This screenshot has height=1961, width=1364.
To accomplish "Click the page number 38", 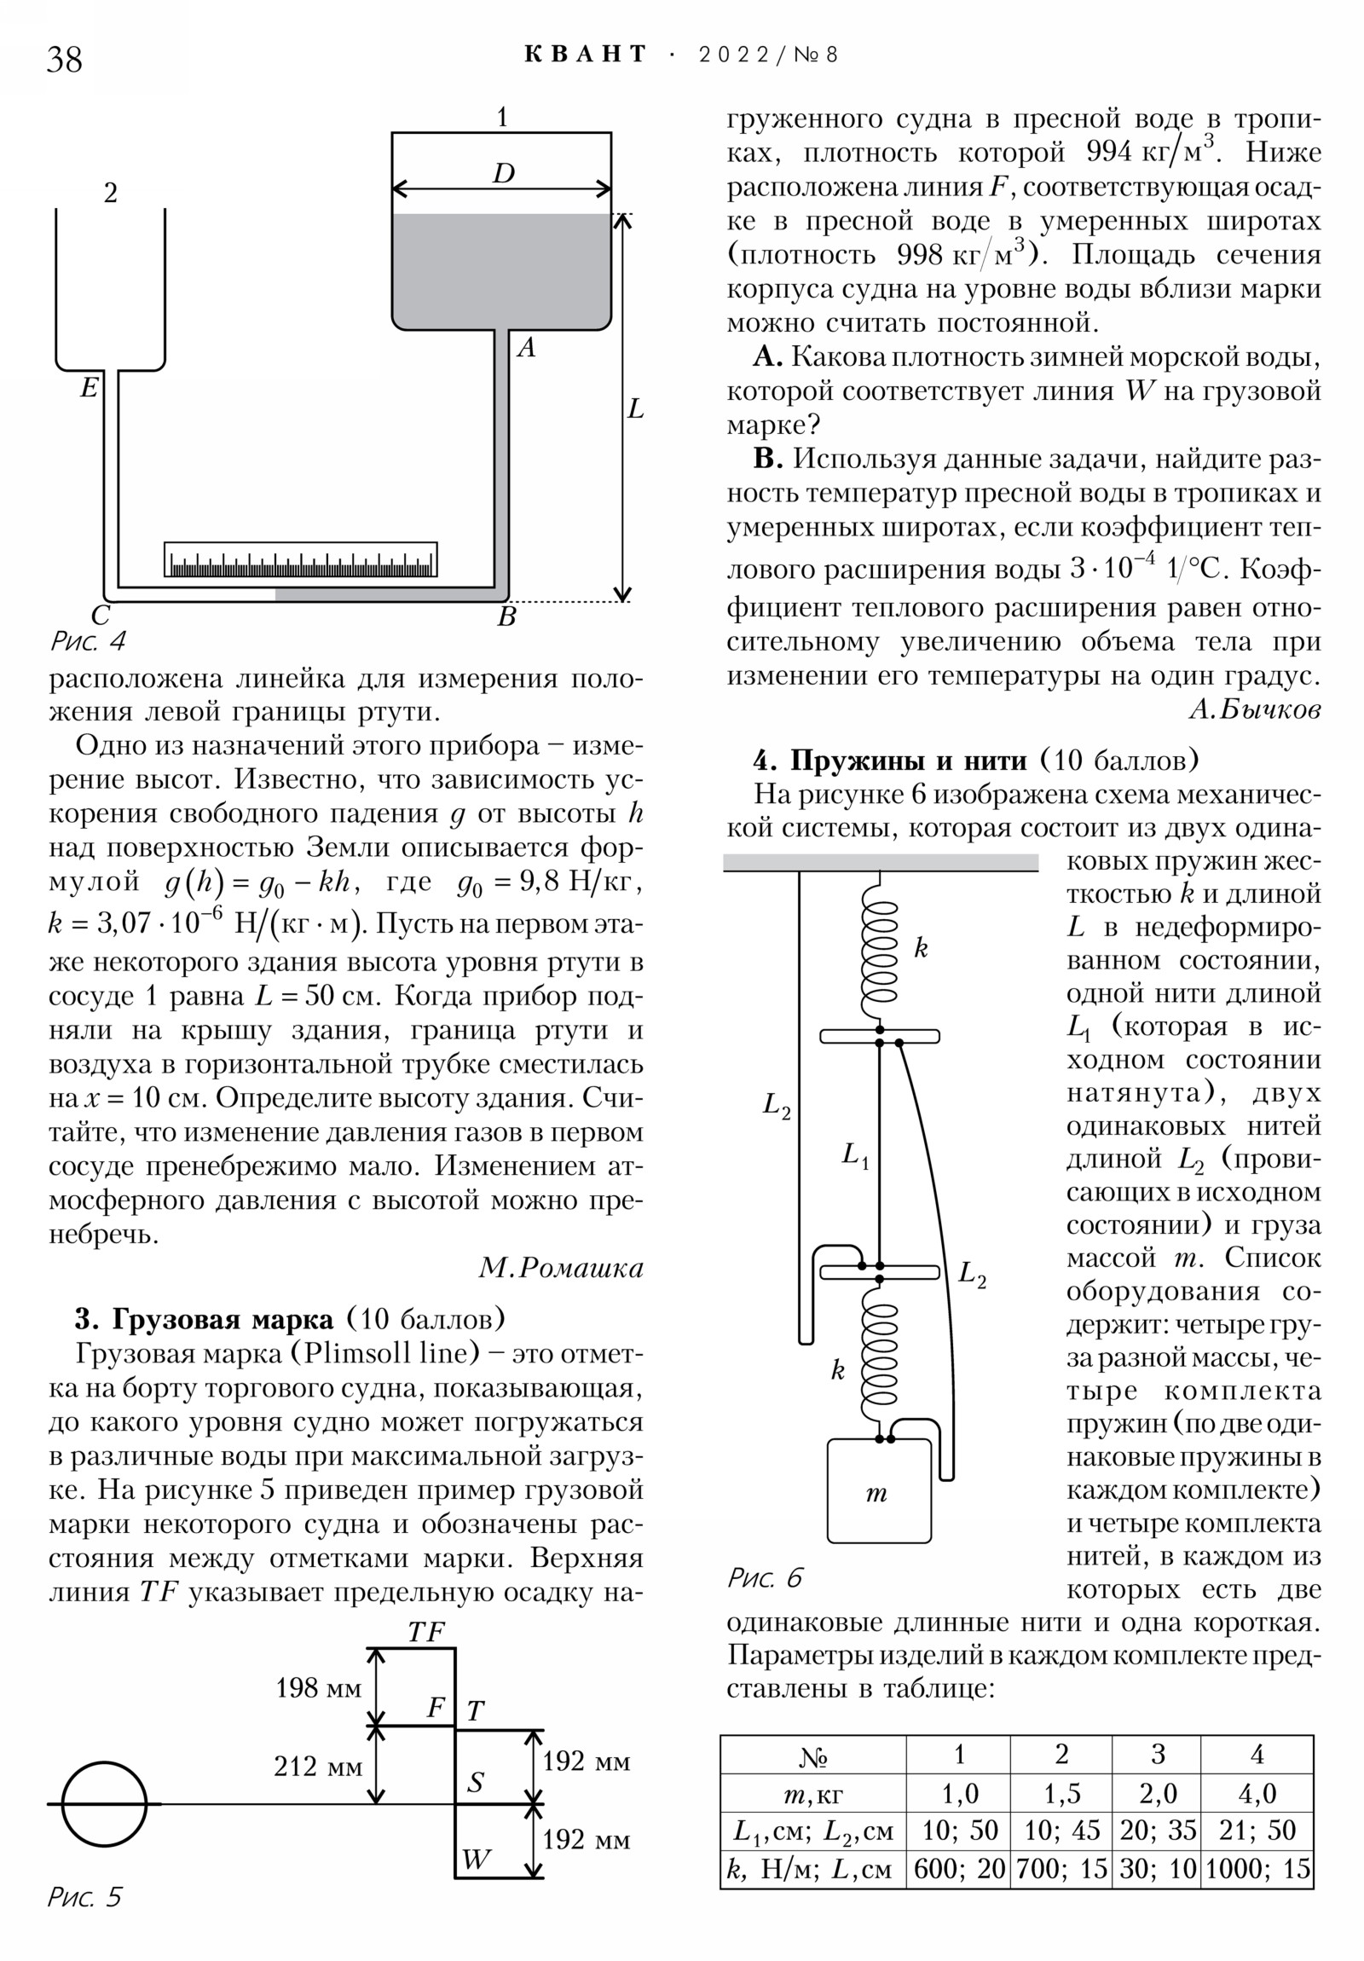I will coord(64,60).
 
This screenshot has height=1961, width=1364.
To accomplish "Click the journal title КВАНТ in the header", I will coord(586,55).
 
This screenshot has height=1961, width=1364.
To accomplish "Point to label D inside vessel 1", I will coord(504,173).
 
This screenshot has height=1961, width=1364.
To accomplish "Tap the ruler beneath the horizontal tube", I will coord(301,559).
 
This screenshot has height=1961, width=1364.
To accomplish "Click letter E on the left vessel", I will coord(89,389).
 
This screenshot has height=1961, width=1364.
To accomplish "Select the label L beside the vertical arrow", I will coord(635,409).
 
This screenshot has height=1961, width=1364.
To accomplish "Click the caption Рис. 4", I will coord(88,640).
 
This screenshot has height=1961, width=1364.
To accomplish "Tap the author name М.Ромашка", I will coord(560,1269).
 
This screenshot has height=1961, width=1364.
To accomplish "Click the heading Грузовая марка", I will coord(222,1320).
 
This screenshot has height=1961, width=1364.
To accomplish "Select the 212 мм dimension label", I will coord(318,1767).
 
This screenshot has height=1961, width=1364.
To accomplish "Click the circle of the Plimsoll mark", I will coord(104,1804).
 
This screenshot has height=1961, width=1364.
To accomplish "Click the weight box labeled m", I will coord(879,1490).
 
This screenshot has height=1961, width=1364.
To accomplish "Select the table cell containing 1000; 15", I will coord(1257,1870).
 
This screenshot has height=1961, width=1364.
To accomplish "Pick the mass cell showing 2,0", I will coord(1158,1794).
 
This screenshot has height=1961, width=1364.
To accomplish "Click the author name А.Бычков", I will coord(1255,709).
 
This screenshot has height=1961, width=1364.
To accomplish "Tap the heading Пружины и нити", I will coord(909,761).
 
